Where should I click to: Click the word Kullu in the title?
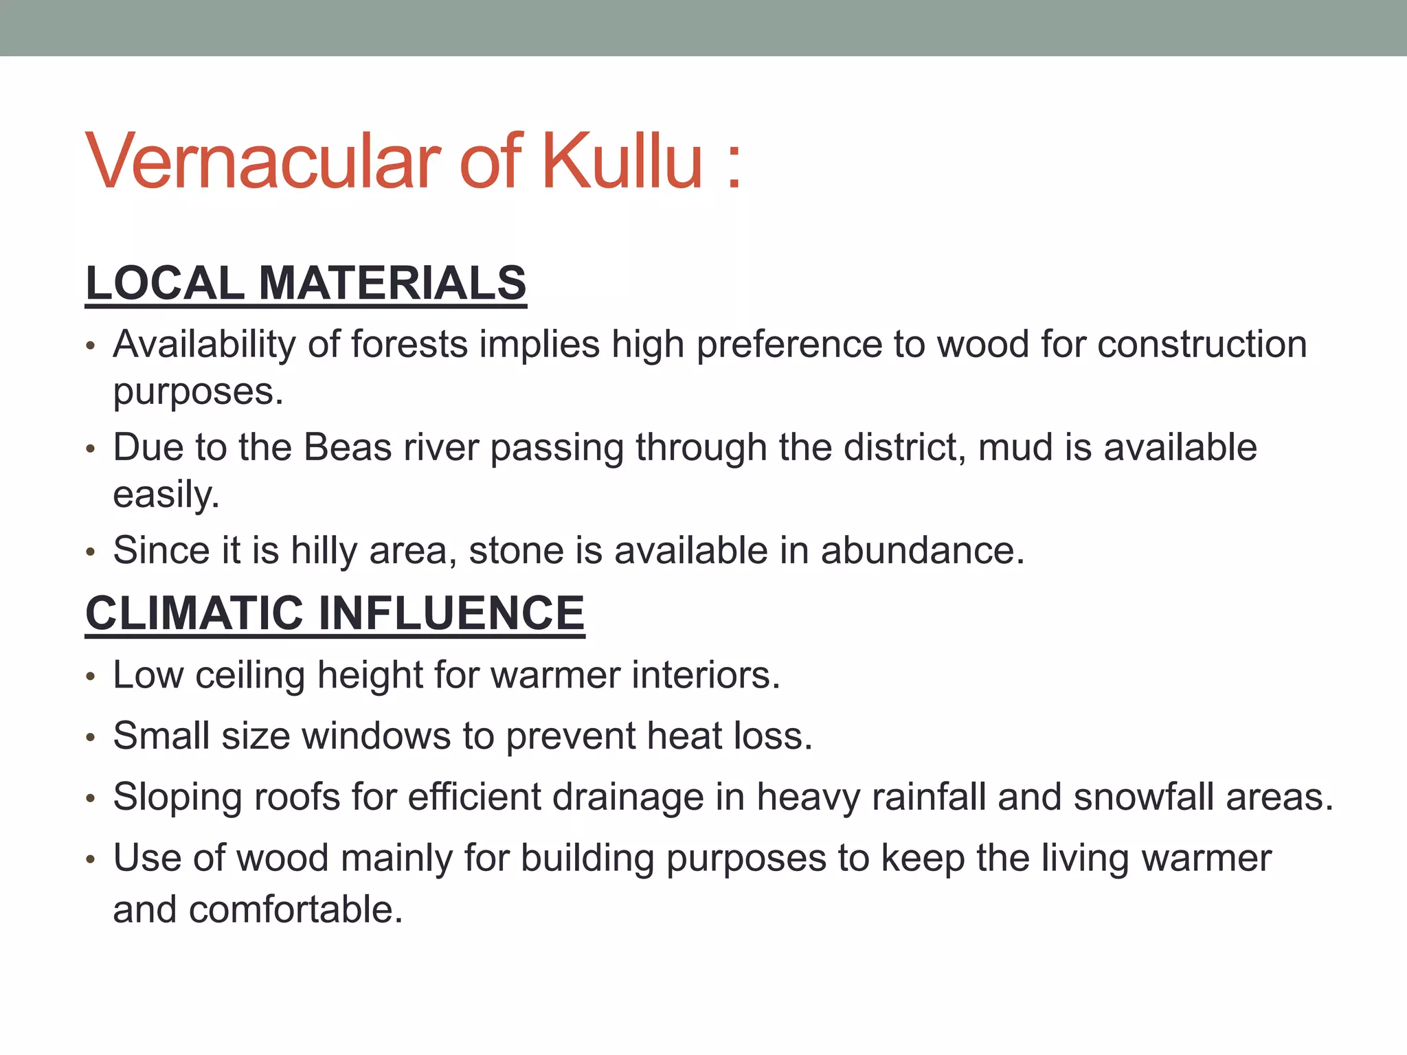pos(622,162)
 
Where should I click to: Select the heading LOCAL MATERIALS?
pos(306,283)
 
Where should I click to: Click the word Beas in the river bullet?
pos(348,448)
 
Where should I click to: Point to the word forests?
pos(409,344)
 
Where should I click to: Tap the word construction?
pos(1202,344)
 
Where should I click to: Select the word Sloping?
pos(177,798)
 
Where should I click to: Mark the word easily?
pos(166,496)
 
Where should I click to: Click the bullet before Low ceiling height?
pos(90,677)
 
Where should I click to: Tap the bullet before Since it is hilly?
pos(90,552)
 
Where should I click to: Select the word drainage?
pos(628,798)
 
